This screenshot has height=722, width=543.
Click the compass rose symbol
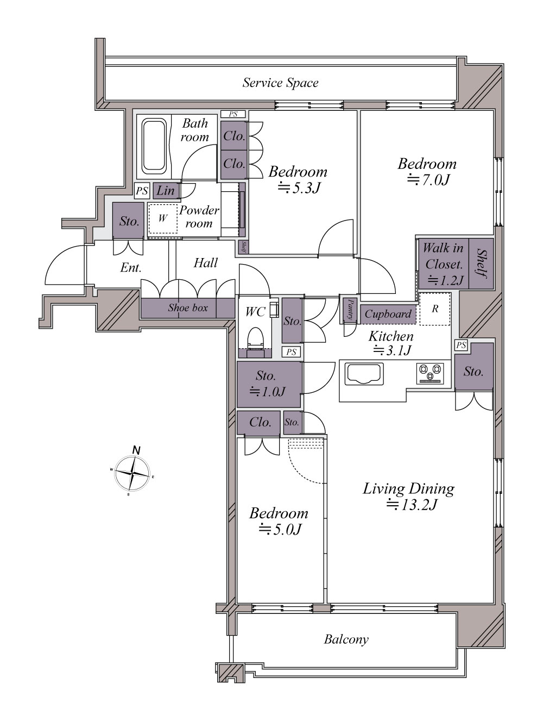[x=132, y=473]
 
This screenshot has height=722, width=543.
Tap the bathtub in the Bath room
[x=154, y=148]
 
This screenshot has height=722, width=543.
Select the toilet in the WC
[x=256, y=337]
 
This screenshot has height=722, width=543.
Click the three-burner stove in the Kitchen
[x=430, y=373]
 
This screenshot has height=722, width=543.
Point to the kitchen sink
[x=364, y=374]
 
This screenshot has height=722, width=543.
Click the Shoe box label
[x=188, y=308]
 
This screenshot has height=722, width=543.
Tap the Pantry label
[x=350, y=309]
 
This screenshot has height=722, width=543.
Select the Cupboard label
[x=388, y=314]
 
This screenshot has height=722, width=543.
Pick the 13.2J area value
[x=412, y=504]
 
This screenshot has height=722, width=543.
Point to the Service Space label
[x=280, y=83]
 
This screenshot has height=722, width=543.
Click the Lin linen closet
[x=166, y=191]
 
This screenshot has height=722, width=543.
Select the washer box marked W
[x=163, y=218]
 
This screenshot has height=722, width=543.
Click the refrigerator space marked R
[x=435, y=309]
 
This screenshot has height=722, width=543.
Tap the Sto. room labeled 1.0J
[x=269, y=385]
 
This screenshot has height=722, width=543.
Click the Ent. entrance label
[x=131, y=268]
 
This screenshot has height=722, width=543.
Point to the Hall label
[x=205, y=263]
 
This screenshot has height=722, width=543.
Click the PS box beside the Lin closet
[x=142, y=191]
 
